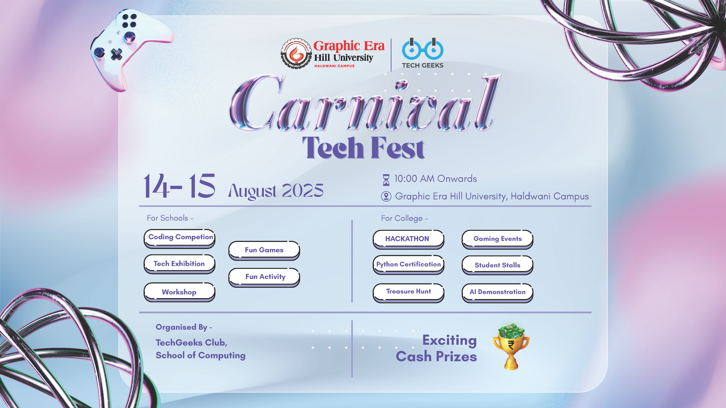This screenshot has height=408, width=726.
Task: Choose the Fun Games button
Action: [x=264, y=251]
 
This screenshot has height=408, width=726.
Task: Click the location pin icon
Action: [x=386, y=196]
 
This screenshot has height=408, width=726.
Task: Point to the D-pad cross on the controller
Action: [x=116, y=54]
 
